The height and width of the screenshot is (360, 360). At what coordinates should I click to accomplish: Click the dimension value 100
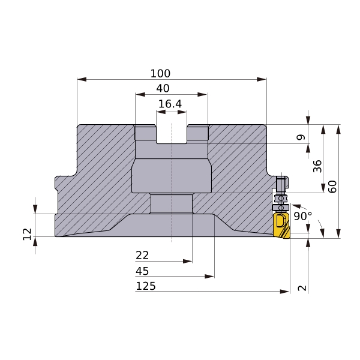pos(160,73)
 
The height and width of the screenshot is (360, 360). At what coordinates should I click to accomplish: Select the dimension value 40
pos(163,88)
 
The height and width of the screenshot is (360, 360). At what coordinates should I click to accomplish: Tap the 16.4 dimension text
pos(170,104)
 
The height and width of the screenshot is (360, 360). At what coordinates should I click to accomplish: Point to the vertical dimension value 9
pos(301,137)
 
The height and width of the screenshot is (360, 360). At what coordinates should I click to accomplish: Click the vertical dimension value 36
pos(317,166)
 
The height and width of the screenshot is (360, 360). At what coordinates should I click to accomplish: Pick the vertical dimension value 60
pos(332,187)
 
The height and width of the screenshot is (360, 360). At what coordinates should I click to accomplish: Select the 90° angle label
pos(303,216)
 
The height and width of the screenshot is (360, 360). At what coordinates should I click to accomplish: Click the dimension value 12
pos(28,234)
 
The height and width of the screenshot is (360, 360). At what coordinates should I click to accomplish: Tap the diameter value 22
pos(142,256)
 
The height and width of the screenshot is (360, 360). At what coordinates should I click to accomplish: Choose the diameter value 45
pos(142,271)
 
